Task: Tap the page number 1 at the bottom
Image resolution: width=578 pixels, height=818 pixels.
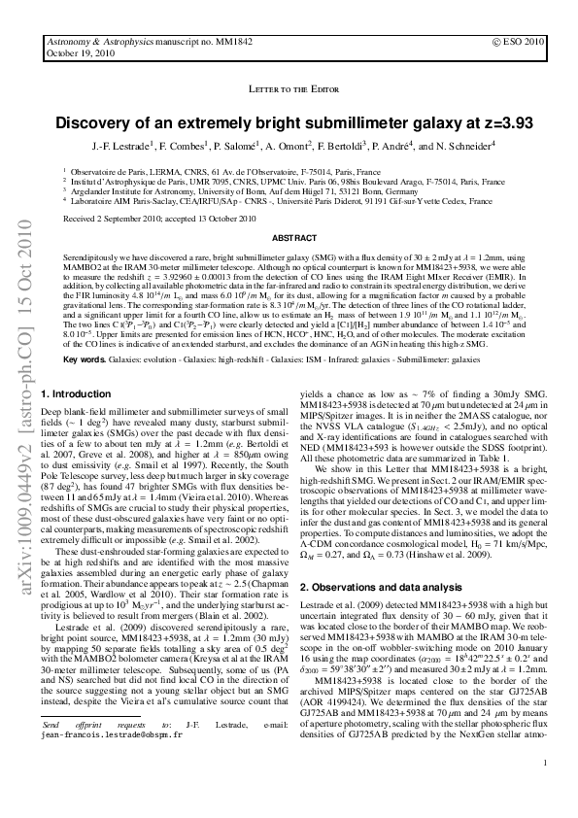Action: pyautogui.click(x=546, y=790)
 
